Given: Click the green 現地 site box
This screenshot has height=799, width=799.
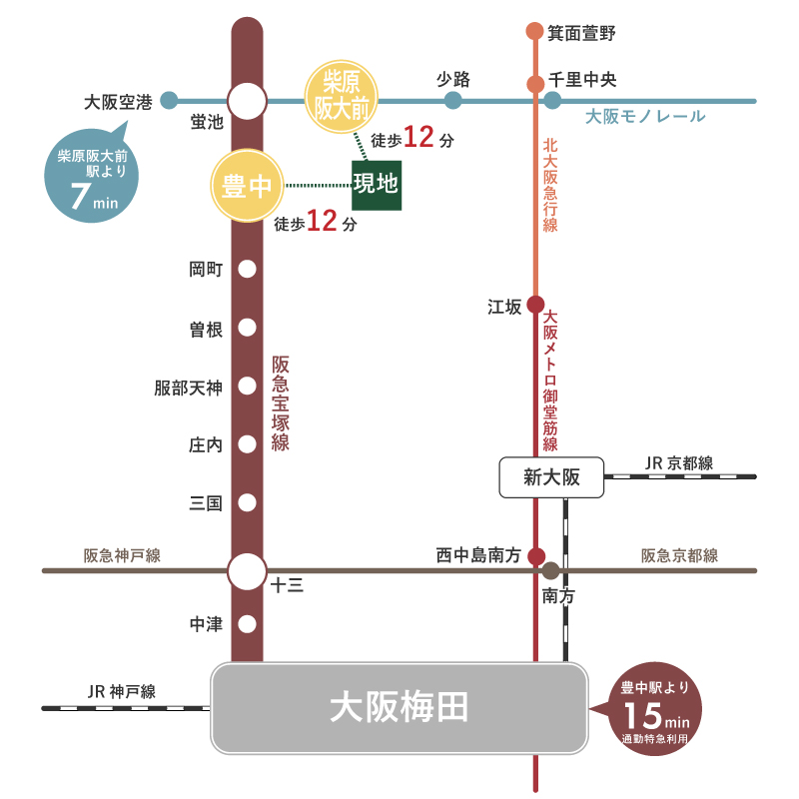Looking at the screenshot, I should (376, 185).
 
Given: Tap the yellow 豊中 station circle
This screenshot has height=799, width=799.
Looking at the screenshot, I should (246, 186).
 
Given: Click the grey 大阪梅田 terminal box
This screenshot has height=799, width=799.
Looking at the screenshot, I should (399, 708).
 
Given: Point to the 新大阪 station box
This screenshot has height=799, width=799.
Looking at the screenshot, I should (551, 477).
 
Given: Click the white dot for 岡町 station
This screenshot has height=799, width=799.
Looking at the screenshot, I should (247, 270).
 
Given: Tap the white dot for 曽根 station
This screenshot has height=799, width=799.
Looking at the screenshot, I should (247, 329).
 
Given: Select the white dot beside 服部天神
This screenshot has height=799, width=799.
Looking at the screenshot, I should (247, 388).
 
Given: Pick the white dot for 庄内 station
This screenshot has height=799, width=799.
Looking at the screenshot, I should (247, 445).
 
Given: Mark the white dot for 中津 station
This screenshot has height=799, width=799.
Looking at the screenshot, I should (247, 624).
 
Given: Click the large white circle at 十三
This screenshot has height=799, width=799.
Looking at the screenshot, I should (247, 572).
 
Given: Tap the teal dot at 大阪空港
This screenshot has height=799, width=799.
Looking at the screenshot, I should (169, 100).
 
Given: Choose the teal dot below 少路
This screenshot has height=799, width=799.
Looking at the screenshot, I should (452, 100).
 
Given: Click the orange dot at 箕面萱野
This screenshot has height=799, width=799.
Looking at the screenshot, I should (535, 32).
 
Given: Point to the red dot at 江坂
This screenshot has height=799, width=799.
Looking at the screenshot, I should (535, 305).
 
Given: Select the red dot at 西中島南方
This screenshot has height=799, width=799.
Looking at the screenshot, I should (535, 556).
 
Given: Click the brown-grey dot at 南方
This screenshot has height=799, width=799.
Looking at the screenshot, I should (550, 572).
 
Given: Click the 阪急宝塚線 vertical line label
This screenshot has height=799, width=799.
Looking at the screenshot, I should (281, 403).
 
